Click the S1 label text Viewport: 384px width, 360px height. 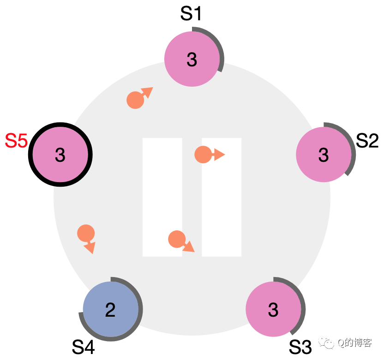point(191,14)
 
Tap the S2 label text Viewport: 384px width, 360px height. point(367,141)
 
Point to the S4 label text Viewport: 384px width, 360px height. point(84,347)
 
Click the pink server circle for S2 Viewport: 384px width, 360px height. point(323,155)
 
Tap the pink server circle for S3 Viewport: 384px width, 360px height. point(272,309)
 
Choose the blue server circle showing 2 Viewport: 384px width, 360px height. point(110,309)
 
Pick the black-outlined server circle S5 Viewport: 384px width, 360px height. point(60,155)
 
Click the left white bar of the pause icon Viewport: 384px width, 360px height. point(162,197)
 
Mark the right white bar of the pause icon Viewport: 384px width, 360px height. point(222,197)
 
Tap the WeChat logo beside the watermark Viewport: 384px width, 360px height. point(330,343)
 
